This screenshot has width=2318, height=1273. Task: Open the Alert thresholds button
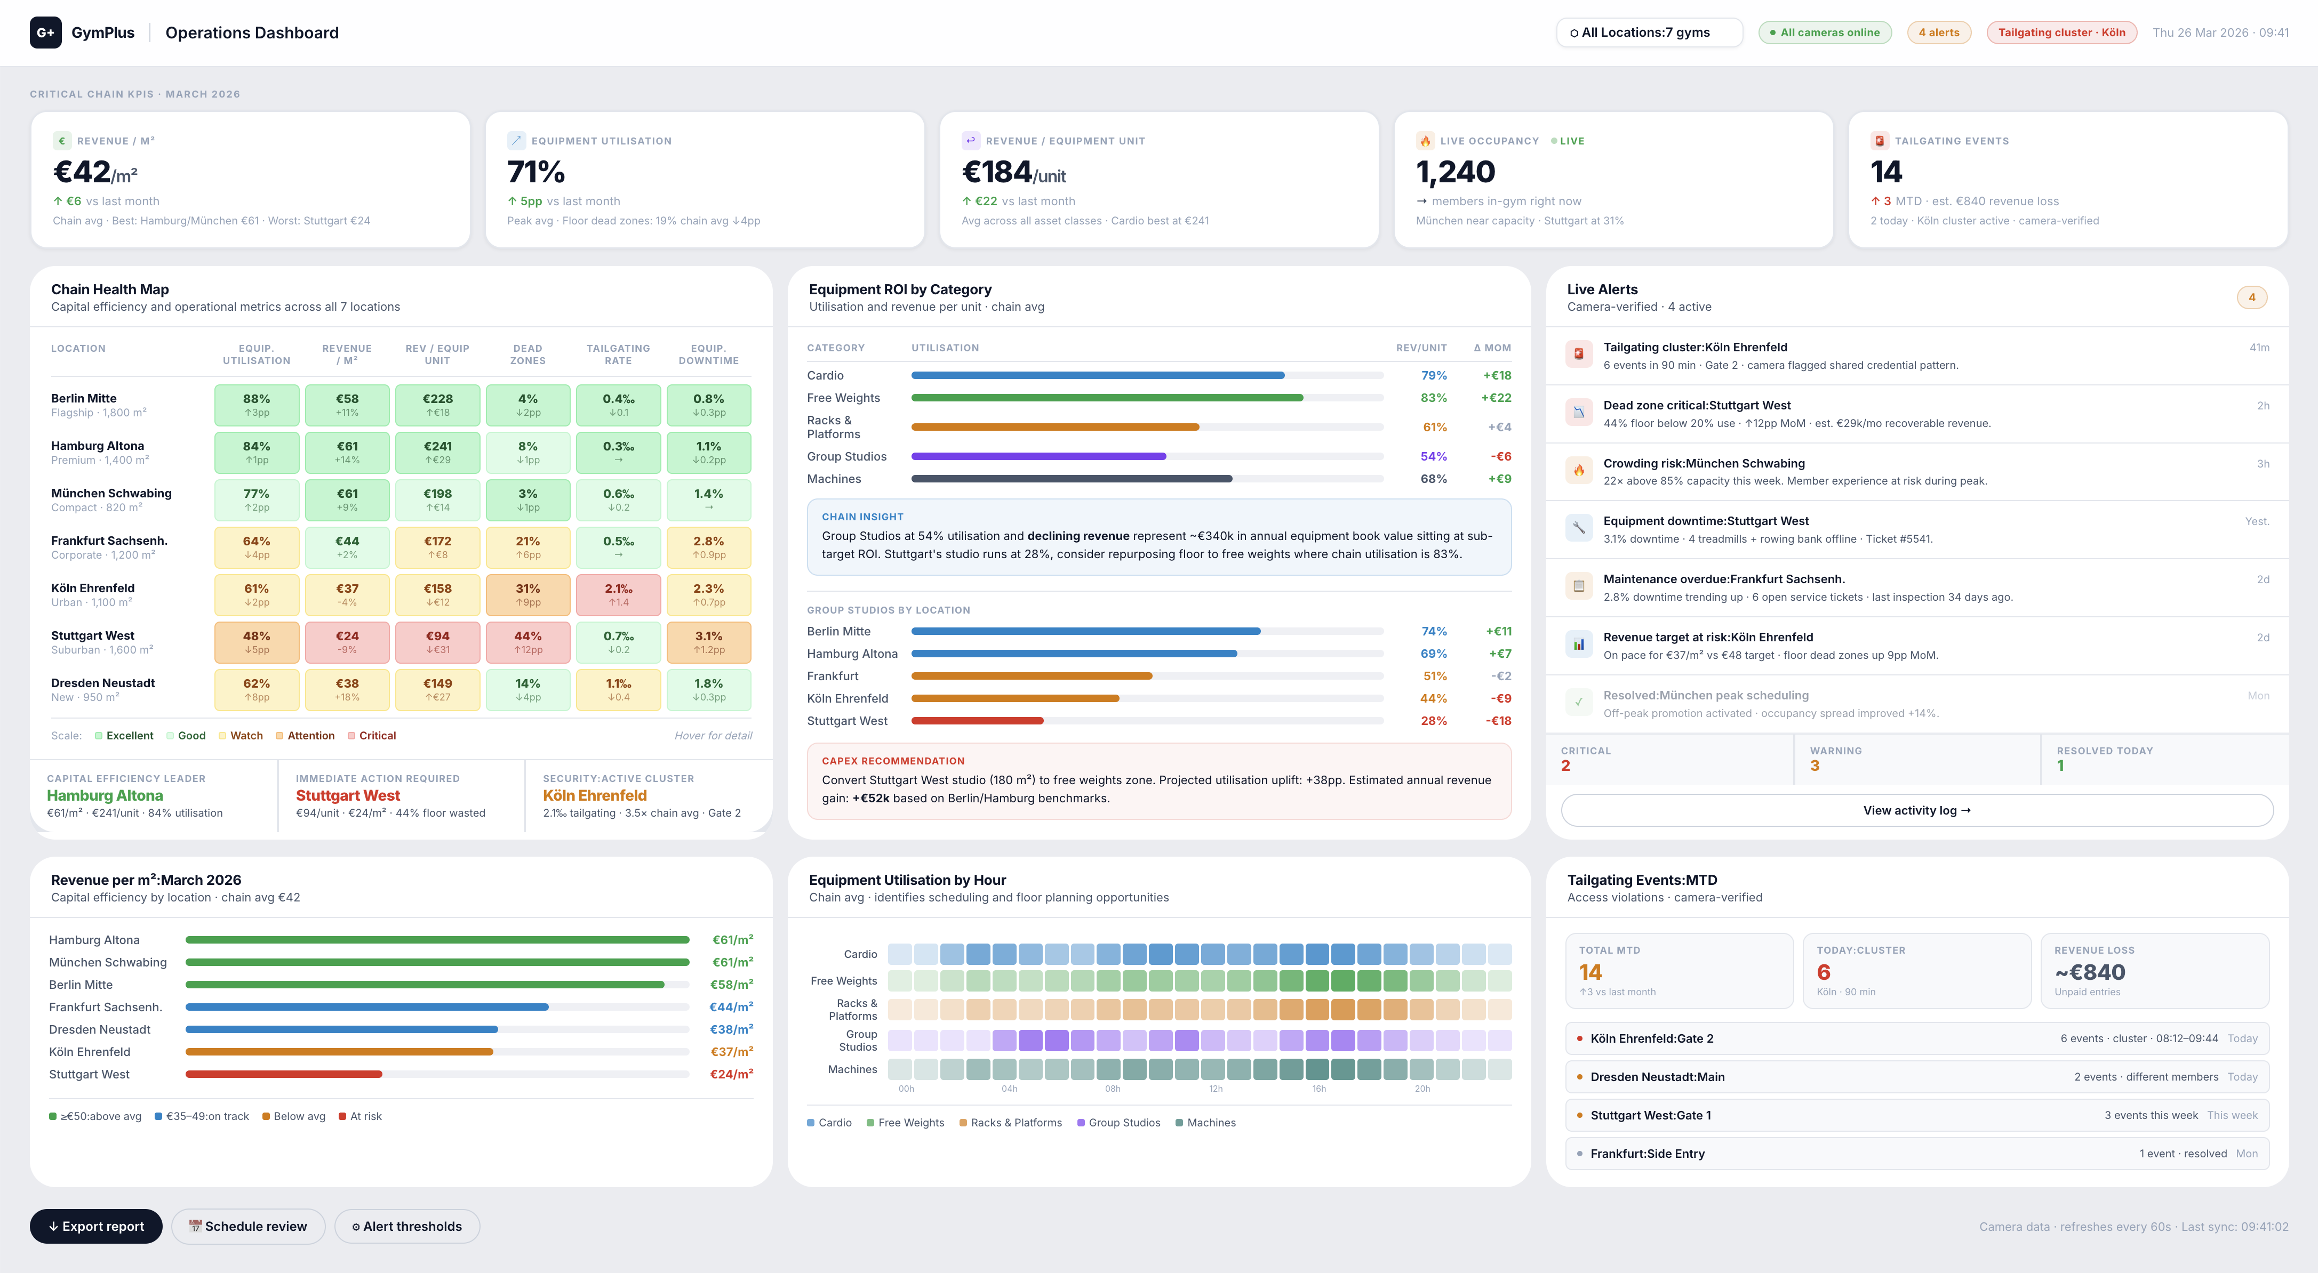(407, 1226)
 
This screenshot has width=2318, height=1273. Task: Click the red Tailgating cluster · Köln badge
(2060, 33)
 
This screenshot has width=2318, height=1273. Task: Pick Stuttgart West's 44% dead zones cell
(528, 642)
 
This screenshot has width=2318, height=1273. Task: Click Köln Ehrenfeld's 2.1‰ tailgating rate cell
(618, 595)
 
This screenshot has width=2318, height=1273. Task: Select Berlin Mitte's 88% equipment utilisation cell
(257, 405)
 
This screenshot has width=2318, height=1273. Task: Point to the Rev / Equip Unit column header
(437, 354)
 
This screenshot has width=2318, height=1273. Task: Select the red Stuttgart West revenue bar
(283, 1074)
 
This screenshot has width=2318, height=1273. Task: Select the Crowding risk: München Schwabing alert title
(1704, 463)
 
